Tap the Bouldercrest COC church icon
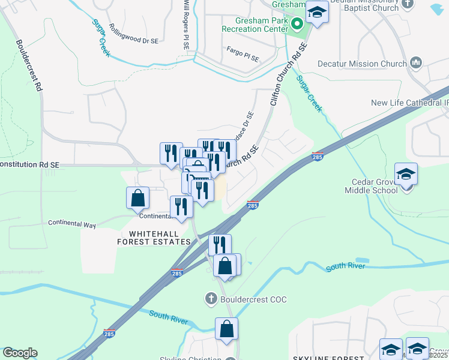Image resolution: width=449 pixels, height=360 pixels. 211,298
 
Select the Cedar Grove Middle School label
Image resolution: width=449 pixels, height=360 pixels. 371,186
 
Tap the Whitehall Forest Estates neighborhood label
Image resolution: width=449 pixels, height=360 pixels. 154,237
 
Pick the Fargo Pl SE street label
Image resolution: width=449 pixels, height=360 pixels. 242,55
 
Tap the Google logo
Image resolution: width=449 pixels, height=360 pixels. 20,353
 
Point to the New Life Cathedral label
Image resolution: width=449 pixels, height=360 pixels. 409,103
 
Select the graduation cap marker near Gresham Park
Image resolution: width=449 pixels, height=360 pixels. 316,13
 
